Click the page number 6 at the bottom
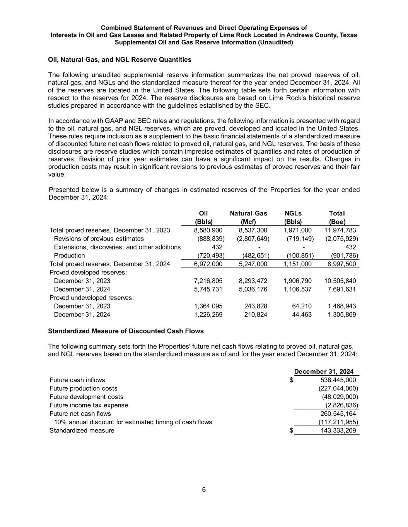[x=204, y=490]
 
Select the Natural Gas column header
[x=248, y=214]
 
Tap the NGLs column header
[x=293, y=214]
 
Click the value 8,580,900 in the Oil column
[x=208, y=230]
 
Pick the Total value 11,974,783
[x=340, y=230]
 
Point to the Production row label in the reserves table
[x=69, y=256]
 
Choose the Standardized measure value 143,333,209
[x=338, y=430]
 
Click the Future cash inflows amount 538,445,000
[x=338, y=380]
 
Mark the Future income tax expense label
[x=89, y=405]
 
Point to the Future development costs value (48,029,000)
[x=340, y=397]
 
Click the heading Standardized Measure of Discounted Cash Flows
[x=126, y=331]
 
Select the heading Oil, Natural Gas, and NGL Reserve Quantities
[x=119, y=60]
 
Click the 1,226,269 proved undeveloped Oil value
[x=208, y=315]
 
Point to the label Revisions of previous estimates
[x=99, y=239]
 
